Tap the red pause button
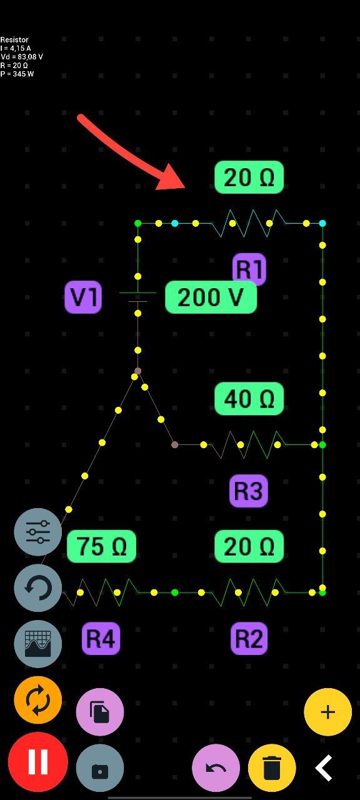click(x=38, y=761)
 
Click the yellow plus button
click(x=327, y=712)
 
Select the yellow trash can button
click(x=272, y=768)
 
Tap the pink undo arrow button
click(x=216, y=768)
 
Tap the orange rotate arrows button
click(x=38, y=700)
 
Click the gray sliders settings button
click(x=38, y=532)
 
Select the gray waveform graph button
click(x=38, y=644)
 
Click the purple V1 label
click(x=83, y=297)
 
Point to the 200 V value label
click(x=211, y=297)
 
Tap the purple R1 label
click(x=249, y=269)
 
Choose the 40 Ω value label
click(x=249, y=399)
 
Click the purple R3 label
click(x=249, y=491)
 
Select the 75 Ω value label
click(x=101, y=546)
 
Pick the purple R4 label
click(x=101, y=638)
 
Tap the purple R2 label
click(x=249, y=638)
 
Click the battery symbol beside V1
click(x=138, y=297)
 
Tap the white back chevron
click(x=324, y=768)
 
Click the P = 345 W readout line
click(x=17, y=74)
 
